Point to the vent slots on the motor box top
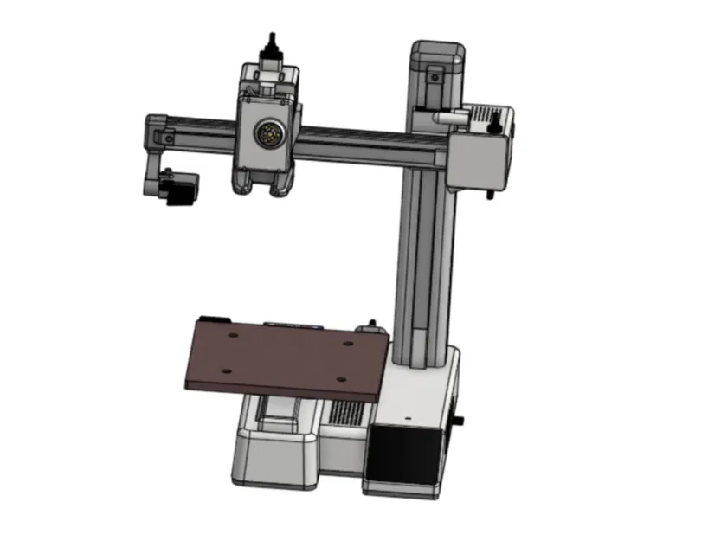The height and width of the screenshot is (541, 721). [482, 114]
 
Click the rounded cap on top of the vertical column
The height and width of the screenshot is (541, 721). [437, 51]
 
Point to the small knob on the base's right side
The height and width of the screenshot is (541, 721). [459, 422]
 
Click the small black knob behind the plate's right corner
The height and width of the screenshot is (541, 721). [370, 325]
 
